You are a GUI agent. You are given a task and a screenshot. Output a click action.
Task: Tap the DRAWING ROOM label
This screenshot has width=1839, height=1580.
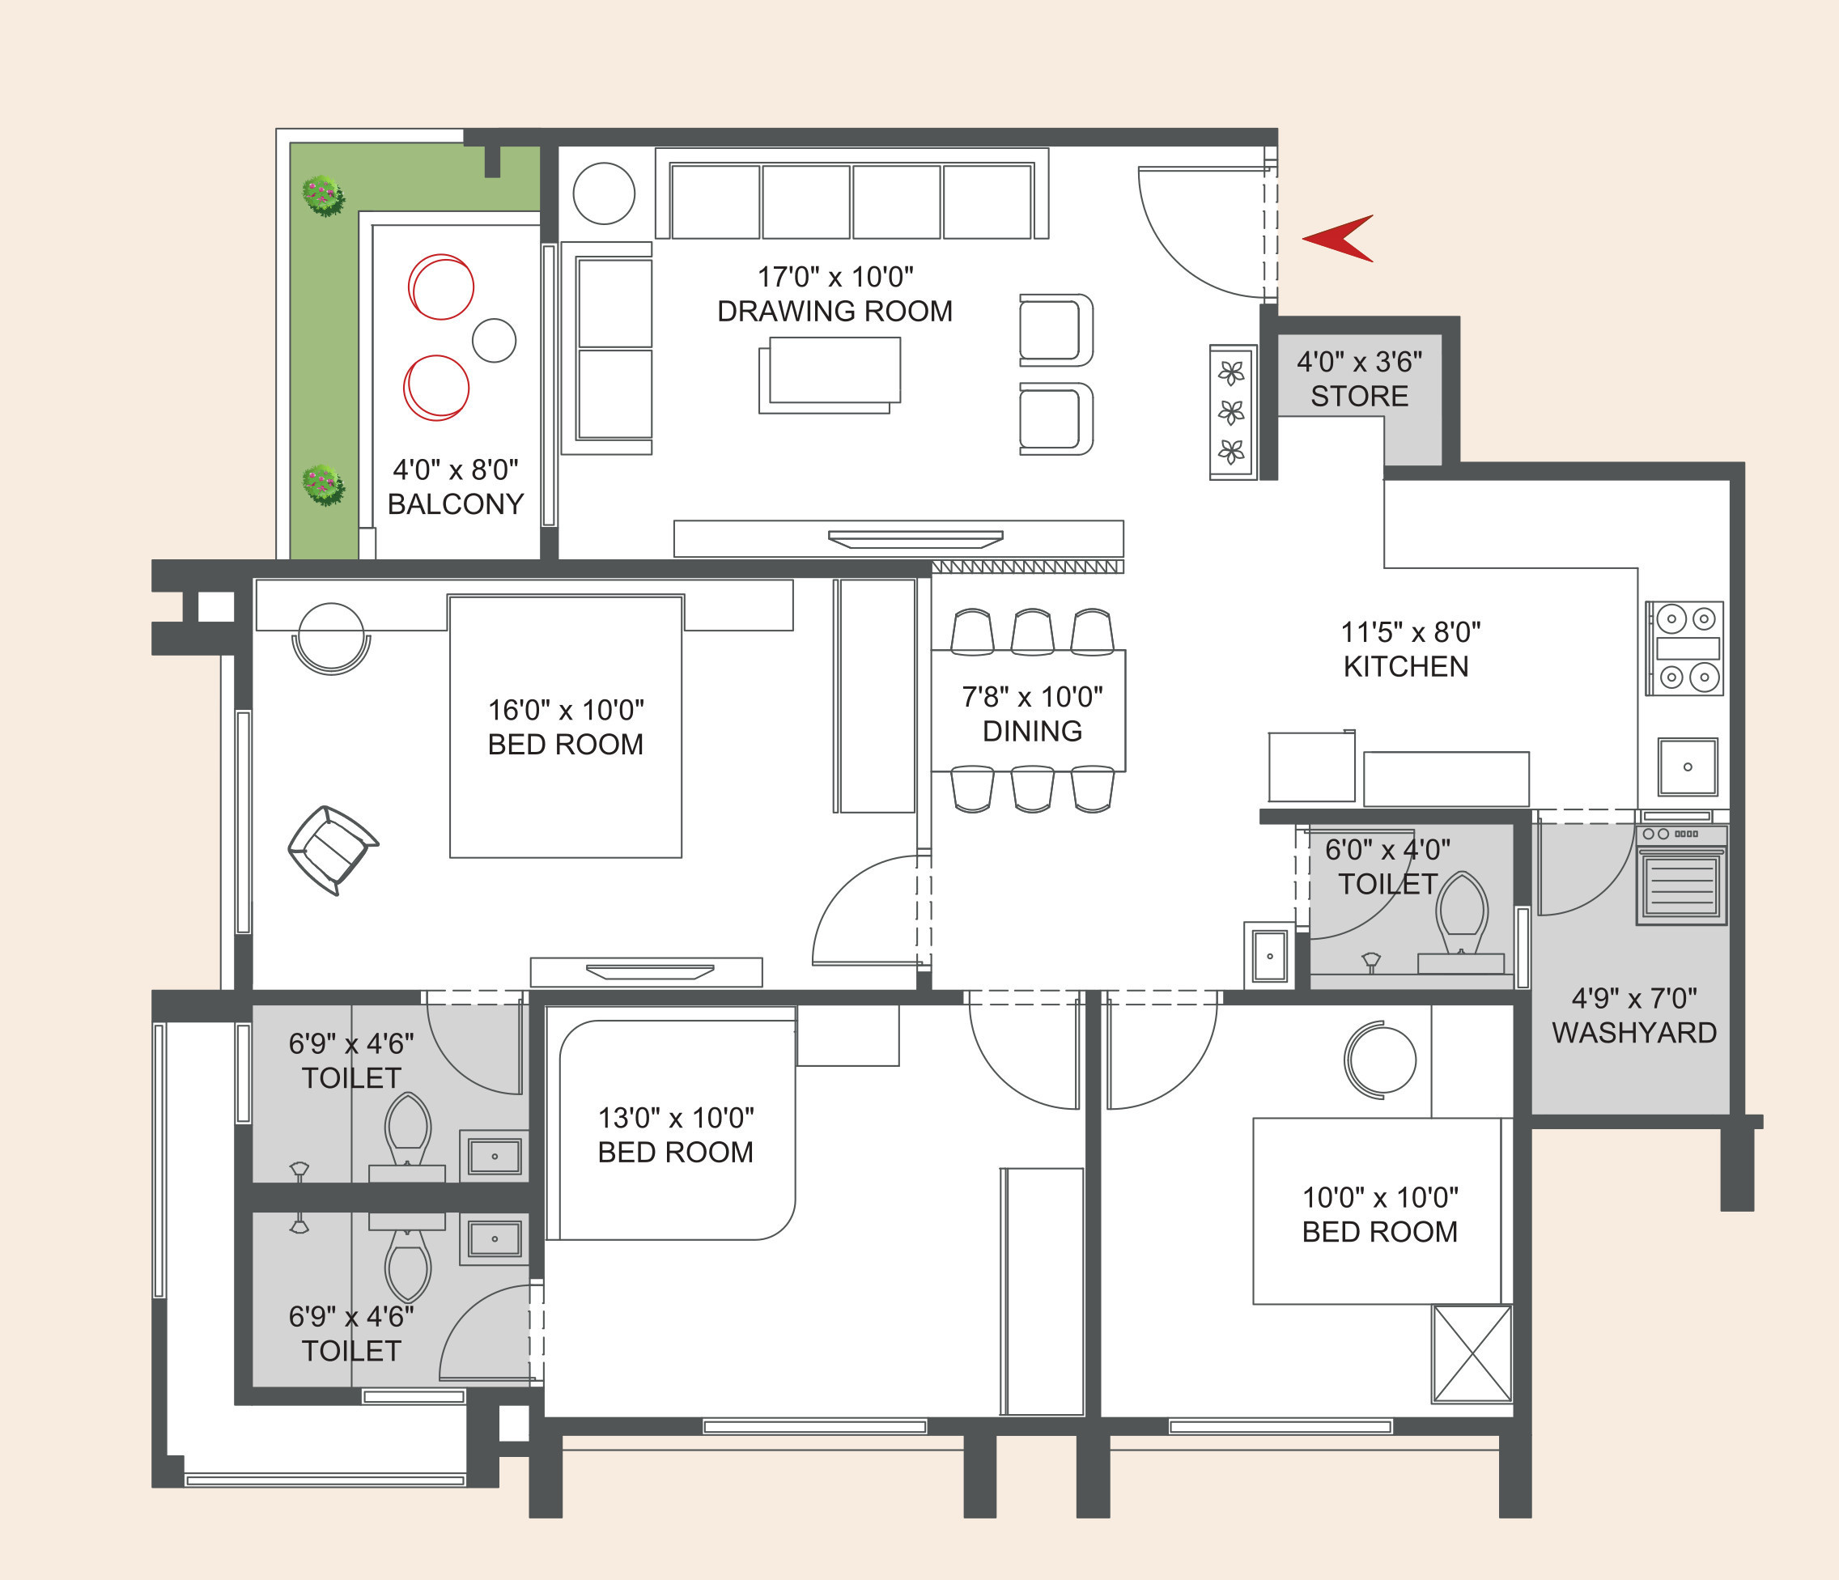point(835,311)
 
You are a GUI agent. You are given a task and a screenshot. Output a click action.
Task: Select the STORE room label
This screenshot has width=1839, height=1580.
point(1359,396)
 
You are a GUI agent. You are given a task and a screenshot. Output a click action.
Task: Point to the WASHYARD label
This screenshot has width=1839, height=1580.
point(1634,1032)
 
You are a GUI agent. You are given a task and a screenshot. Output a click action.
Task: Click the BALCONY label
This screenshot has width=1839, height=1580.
point(456,503)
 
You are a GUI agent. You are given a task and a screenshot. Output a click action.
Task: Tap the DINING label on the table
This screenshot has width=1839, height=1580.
point(1032,731)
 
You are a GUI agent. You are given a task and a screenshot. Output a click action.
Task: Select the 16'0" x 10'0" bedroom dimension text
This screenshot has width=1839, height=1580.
point(565,710)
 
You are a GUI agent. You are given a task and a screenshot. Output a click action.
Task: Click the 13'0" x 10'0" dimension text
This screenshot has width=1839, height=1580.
point(675,1118)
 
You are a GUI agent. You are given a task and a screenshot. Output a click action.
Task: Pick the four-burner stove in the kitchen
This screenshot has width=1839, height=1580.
point(1684,648)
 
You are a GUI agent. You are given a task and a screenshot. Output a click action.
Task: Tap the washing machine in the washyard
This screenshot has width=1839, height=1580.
point(1682,875)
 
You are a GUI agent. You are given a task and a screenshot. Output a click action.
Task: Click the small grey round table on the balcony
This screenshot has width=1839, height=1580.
point(495,340)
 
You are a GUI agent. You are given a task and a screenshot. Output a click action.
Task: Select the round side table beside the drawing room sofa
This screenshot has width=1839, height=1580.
point(604,193)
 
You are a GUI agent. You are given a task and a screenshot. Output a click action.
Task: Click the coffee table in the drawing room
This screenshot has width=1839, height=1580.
point(830,375)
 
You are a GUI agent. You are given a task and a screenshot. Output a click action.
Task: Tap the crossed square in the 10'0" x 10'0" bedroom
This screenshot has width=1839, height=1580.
point(1472,1353)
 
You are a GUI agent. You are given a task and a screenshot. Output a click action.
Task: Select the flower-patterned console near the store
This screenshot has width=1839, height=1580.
point(1233,413)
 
